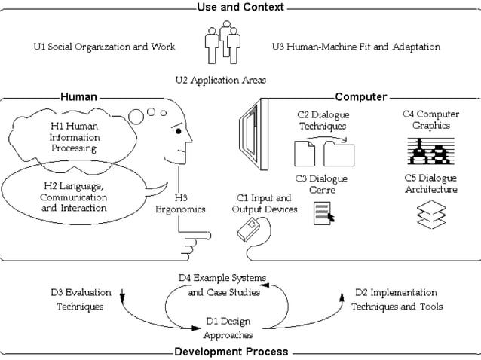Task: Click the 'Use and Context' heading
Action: (x=240, y=7)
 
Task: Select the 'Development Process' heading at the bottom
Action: (x=231, y=352)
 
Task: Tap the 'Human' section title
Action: (x=78, y=97)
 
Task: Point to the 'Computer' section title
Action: (x=360, y=97)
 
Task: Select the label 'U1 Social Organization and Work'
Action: (x=105, y=47)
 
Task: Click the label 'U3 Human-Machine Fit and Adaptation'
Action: (x=356, y=47)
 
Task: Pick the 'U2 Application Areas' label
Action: (x=220, y=79)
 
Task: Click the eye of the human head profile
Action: (x=178, y=131)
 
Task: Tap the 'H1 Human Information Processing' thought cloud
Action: (x=74, y=138)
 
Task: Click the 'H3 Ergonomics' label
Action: (x=180, y=204)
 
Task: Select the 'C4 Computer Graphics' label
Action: (x=430, y=120)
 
